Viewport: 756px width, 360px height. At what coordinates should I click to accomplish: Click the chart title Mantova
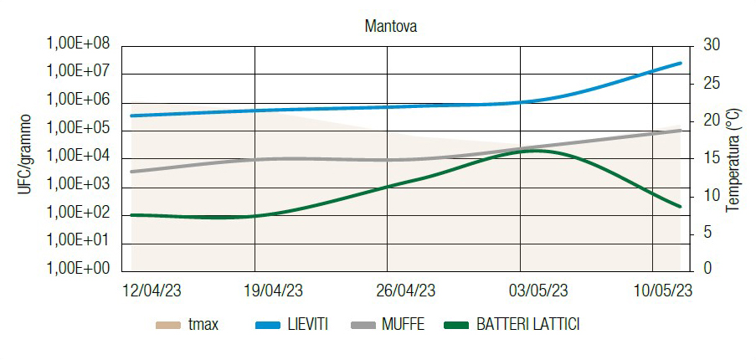click(x=391, y=26)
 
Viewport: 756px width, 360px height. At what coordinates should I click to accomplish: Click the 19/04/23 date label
click(x=272, y=291)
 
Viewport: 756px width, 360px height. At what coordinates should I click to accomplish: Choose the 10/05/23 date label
click(x=662, y=291)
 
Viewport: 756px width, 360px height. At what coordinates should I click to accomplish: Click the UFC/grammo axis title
click(x=25, y=156)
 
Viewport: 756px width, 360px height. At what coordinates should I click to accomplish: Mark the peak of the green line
click(x=536, y=151)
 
